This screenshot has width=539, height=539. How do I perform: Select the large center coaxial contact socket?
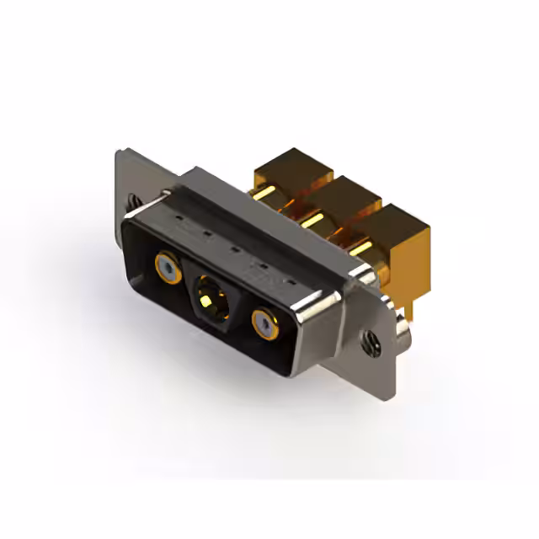[x=207, y=297]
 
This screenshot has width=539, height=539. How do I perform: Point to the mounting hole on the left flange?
[x=133, y=202]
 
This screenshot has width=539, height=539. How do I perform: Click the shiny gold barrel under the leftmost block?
[x=269, y=196]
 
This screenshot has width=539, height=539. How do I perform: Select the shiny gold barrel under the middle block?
[x=316, y=223]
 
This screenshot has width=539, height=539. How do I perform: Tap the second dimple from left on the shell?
[x=206, y=237]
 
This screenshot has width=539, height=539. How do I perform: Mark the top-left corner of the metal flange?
[x=119, y=152]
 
